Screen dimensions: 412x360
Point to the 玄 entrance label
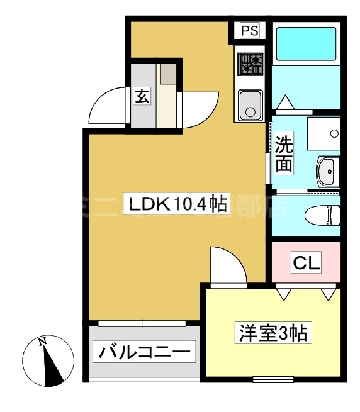click(142, 97)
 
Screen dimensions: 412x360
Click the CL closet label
click(306, 262)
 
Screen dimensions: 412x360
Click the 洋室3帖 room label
click(271, 332)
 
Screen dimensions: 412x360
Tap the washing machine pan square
click(323, 133)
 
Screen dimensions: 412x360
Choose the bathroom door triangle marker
click(284, 102)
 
